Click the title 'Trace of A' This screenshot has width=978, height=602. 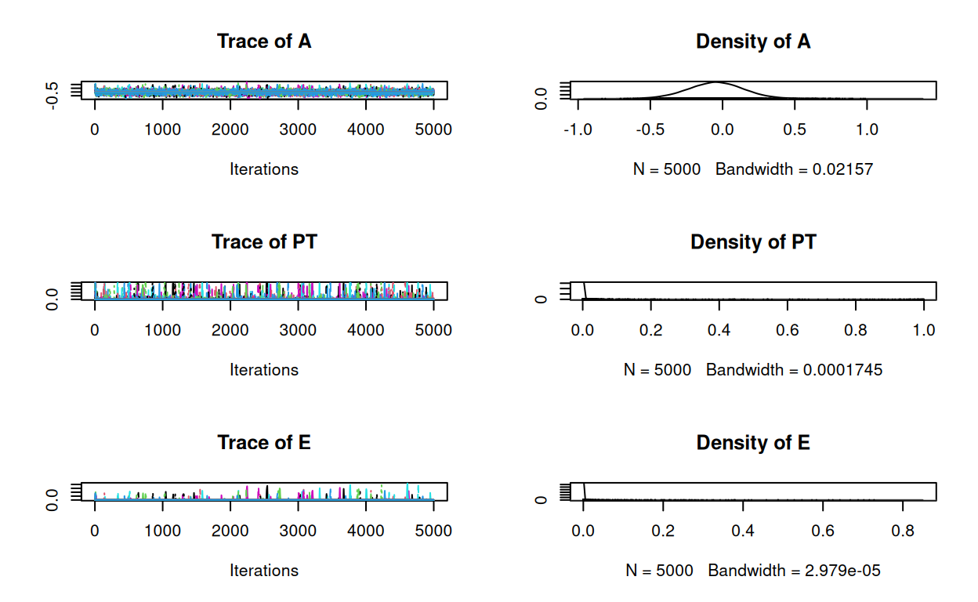pyautogui.click(x=264, y=42)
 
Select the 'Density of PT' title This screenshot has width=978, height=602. pyautogui.click(x=753, y=242)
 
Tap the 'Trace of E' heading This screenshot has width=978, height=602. pyautogui.click(x=264, y=443)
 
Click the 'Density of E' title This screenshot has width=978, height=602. pyautogui.click(x=753, y=443)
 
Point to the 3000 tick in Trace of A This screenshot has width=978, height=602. pyautogui.click(x=298, y=129)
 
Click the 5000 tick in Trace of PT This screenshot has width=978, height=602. pyautogui.click(x=433, y=330)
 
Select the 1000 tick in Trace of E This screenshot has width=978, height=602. pyautogui.click(x=162, y=531)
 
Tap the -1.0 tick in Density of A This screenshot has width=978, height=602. pyautogui.click(x=578, y=129)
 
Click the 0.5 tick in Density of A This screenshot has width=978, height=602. pyautogui.click(x=795, y=129)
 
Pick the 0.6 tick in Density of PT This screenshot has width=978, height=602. pyautogui.click(x=788, y=330)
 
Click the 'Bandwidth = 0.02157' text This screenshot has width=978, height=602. pyautogui.click(x=794, y=169)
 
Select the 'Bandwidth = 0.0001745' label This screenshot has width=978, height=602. pyautogui.click(x=794, y=369)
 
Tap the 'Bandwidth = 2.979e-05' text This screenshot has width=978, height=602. pyautogui.click(x=794, y=570)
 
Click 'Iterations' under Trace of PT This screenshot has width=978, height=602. pyautogui.click(x=264, y=369)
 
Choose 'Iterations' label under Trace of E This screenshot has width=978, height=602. pyautogui.click(x=264, y=570)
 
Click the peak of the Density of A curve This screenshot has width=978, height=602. pyautogui.click(x=717, y=82)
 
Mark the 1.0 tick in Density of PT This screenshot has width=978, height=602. pyautogui.click(x=924, y=330)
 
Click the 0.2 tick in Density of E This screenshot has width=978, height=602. pyautogui.click(x=663, y=531)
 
